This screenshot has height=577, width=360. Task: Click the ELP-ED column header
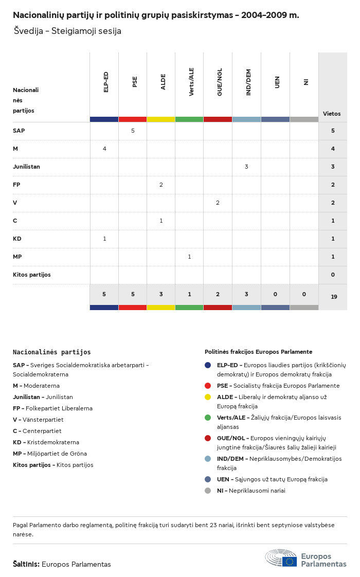(x=106, y=82)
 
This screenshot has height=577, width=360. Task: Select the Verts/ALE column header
(x=191, y=82)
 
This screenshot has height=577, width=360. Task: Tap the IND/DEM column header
(x=248, y=82)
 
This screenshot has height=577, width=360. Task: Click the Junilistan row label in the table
(x=27, y=167)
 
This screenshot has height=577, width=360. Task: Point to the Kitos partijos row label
(x=32, y=275)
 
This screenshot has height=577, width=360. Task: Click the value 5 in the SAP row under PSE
(x=133, y=131)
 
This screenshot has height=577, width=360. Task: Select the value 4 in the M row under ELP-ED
(x=104, y=149)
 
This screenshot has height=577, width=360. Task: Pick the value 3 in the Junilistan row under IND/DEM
(x=247, y=167)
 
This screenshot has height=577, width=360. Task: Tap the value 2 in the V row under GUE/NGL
(x=218, y=203)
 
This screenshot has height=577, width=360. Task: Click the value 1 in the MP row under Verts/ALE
(x=190, y=257)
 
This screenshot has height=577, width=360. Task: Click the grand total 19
(x=334, y=297)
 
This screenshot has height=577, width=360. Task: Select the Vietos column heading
(x=332, y=114)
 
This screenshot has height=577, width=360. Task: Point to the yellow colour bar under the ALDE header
(x=161, y=119)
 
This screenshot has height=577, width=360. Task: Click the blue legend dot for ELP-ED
(x=208, y=365)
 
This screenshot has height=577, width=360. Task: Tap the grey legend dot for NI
(x=208, y=491)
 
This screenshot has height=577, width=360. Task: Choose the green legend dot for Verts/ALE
(x=208, y=418)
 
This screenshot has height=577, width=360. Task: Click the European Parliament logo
(x=305, y=558)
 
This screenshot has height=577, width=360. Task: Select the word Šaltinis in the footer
(x=26, y=564)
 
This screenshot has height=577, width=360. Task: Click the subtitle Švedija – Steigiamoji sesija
(x=68, y=31)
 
